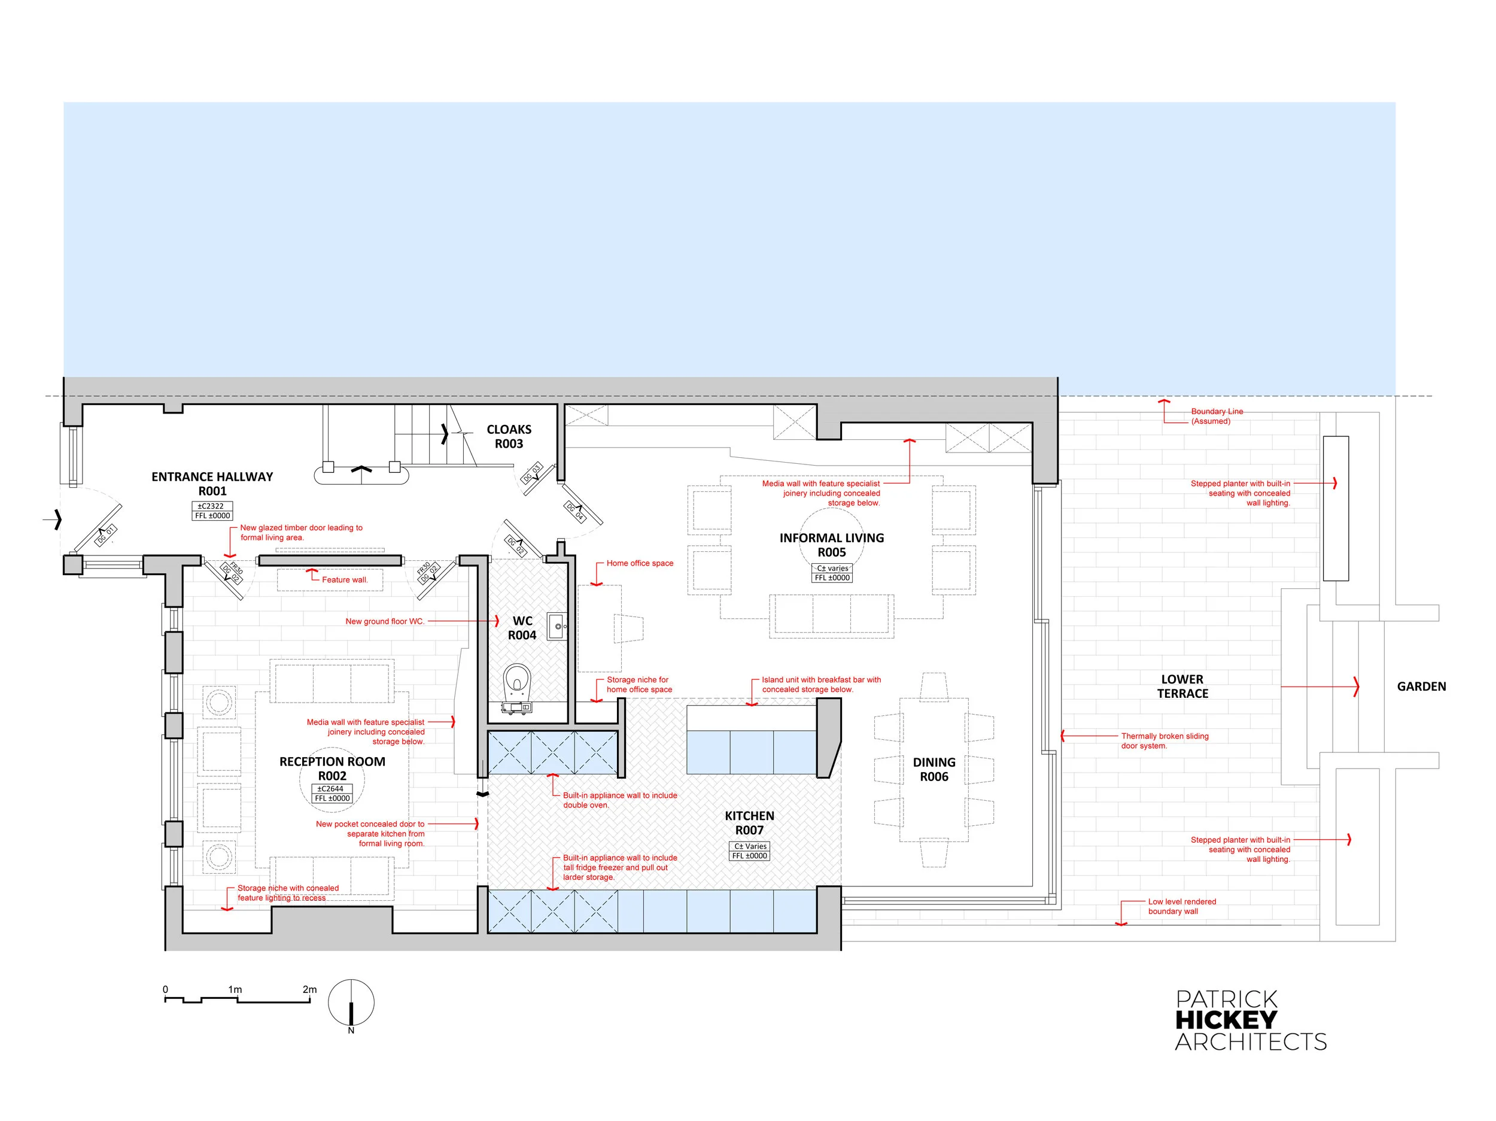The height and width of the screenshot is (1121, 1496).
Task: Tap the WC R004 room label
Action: click(x=522, y=628)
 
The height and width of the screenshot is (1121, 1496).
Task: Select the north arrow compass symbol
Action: click(x=351, y=1005)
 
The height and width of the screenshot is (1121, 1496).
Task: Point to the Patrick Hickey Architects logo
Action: click(x=1251, y=1021)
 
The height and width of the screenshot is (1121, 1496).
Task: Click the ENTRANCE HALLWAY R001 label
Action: click(x=212, y=484)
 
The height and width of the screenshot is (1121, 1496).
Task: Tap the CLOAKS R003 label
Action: click(x=509, y=436)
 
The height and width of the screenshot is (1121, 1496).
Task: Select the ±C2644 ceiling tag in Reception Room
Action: click(x=332, y=788)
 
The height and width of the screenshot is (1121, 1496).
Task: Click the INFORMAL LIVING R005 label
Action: click(x=832, y=545)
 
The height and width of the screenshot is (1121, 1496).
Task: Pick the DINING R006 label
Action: click(x=934, y=769)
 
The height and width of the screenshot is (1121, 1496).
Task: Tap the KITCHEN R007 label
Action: click(x=749, y=823)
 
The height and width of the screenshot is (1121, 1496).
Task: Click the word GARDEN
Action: click(x=1422, y=686)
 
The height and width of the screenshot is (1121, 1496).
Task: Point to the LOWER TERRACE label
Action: click(x=1182, y=686)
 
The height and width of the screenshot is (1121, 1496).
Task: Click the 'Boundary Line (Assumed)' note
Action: click(x=1217, y=416)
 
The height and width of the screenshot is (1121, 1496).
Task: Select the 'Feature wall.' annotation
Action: click(x=345, y=580)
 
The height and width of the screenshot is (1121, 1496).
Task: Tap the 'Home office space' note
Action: click(x=640, y=563)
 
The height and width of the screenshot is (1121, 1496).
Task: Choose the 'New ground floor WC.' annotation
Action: click(x=385, y=621)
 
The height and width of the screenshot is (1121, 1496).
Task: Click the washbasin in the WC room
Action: click(x=557, y=627)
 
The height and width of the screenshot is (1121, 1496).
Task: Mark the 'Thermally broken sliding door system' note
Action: click(x=1164, y=741)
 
